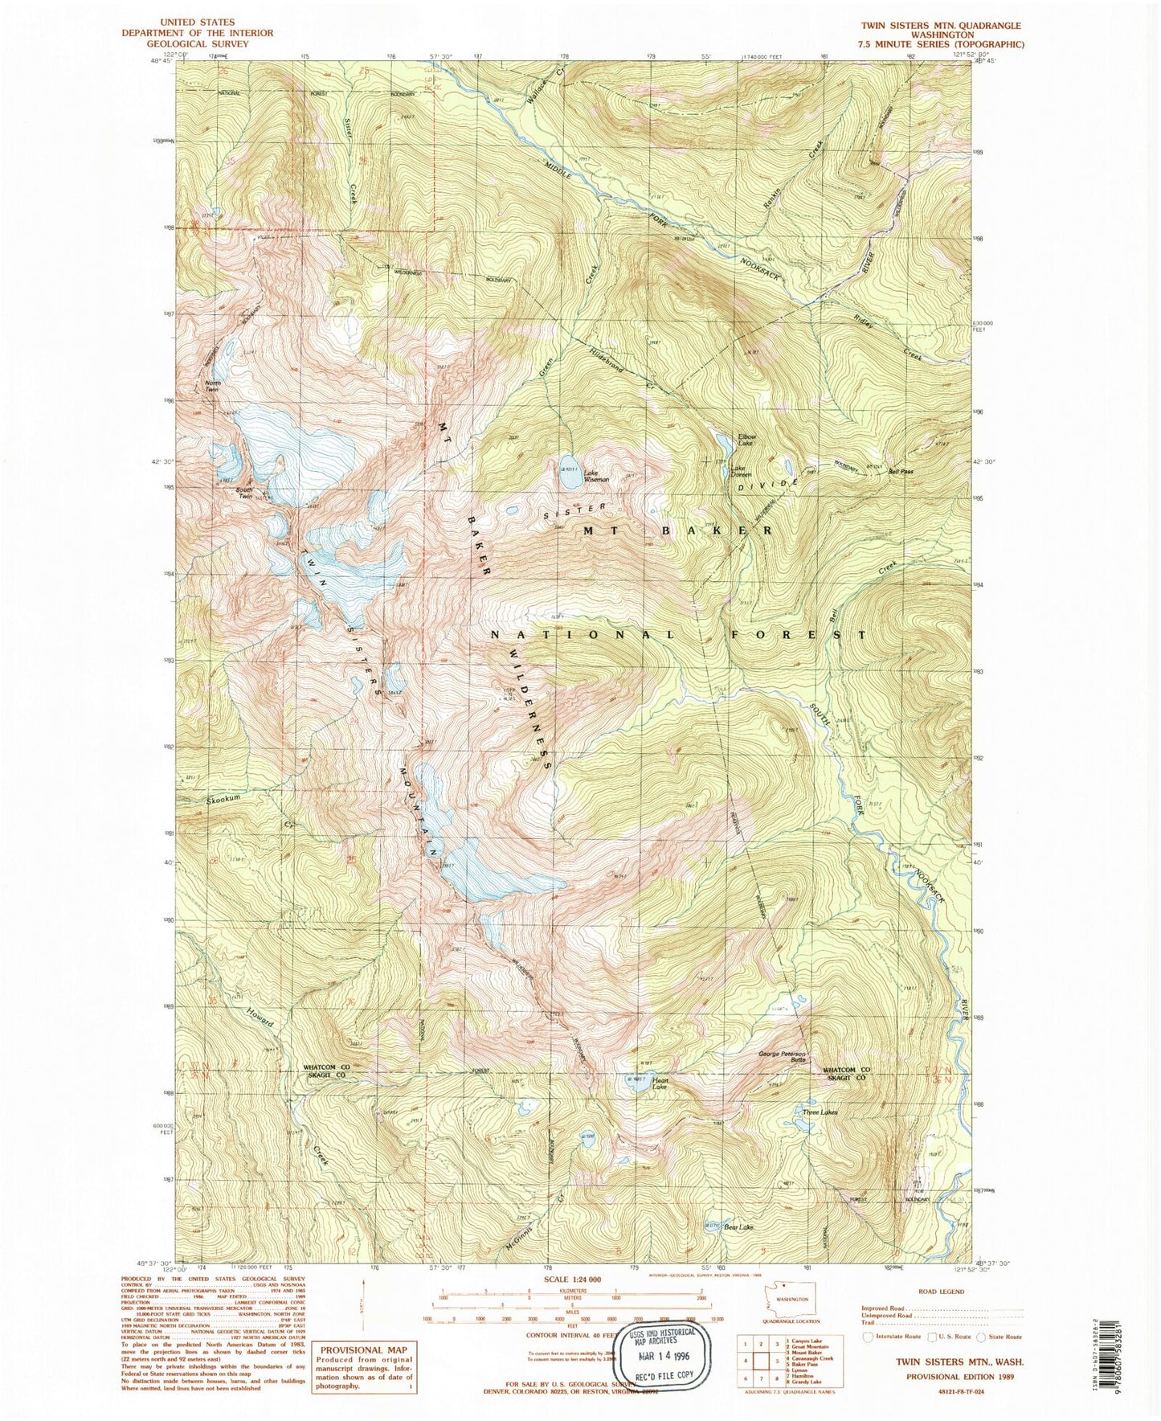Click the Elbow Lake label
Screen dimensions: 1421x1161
point(747,440)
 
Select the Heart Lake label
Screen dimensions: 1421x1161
point(660,1083)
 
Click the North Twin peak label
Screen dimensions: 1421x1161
point(213,387)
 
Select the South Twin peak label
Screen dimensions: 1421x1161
point(244,493)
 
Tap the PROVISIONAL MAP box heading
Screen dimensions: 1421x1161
point(364,1349)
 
